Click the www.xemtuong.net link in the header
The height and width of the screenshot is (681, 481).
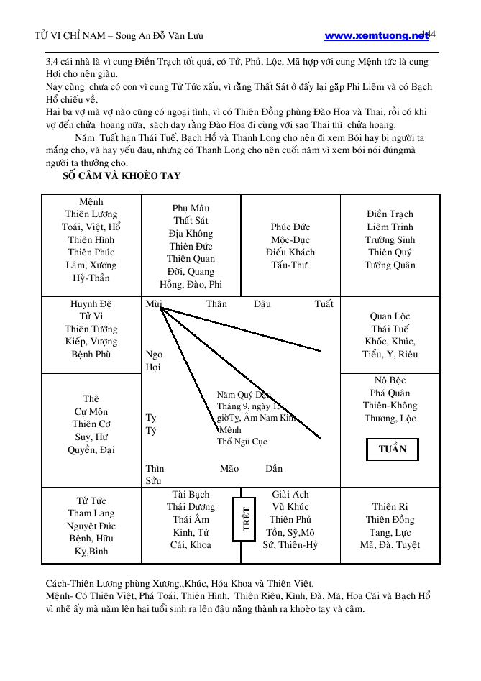376,35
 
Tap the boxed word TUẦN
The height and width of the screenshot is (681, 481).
393,449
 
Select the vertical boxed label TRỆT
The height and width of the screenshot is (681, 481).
246,518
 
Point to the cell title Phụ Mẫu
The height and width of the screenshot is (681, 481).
191,208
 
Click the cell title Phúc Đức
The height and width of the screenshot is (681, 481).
290,227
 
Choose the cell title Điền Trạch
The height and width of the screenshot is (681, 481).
390,214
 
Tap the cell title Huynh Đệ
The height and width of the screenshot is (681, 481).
91,303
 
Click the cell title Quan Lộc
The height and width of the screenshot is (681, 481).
390,316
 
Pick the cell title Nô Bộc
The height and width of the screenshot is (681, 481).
390,380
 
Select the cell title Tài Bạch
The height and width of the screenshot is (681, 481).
191,494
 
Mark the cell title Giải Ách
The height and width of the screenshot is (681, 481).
290,494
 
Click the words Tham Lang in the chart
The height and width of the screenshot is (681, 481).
91,513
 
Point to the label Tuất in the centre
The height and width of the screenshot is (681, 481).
324,304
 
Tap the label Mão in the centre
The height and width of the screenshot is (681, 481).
229,468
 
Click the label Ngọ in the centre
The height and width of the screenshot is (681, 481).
154,355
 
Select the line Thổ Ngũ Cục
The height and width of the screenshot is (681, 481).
242,442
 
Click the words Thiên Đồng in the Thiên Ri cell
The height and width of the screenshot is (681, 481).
390,520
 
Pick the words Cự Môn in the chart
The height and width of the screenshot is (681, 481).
91,411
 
